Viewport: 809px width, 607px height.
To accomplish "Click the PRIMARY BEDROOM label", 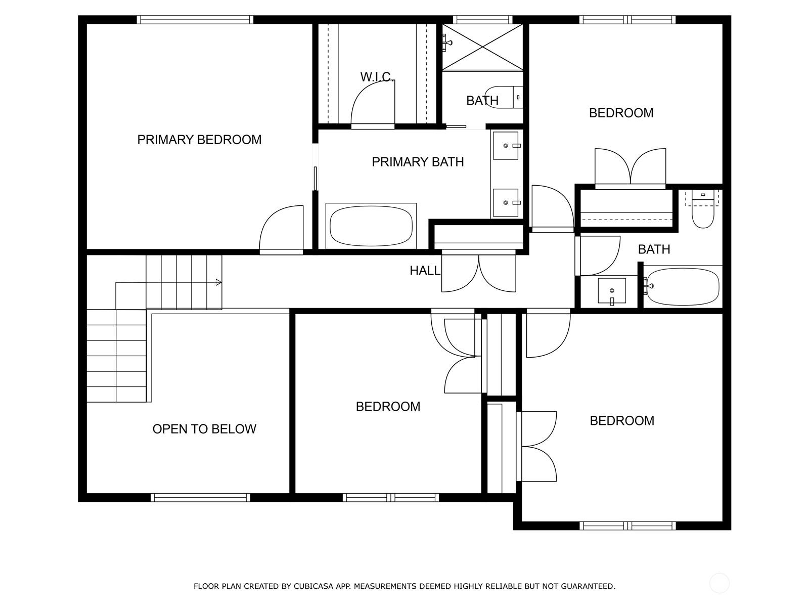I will click(199, 140).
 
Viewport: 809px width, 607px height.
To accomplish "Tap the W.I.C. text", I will click(376, 77).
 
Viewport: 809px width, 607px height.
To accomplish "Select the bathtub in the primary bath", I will click(371, 226).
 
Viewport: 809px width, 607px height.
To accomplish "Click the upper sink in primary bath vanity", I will click(505, 146).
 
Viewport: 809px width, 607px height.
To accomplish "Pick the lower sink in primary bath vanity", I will click(505, 203).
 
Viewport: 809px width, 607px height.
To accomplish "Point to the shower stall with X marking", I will click(482, 47).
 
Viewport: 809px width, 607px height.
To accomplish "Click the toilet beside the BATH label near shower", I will click(506, 97).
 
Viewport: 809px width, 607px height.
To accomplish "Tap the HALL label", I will click(425, 271).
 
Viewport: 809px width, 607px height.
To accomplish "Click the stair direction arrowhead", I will click(218, 282).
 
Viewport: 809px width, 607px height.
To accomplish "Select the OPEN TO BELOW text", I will click(204, 429).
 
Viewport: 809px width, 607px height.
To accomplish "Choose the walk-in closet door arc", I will click(372, 104).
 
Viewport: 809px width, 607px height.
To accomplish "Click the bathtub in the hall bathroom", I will click(683, 286).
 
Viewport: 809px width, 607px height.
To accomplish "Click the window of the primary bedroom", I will click(195, 20).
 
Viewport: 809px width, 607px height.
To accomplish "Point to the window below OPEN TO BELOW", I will click(200, 498).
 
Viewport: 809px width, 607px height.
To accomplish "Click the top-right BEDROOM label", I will click(621, 113).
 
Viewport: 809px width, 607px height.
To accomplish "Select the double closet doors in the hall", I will click(478, 273).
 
